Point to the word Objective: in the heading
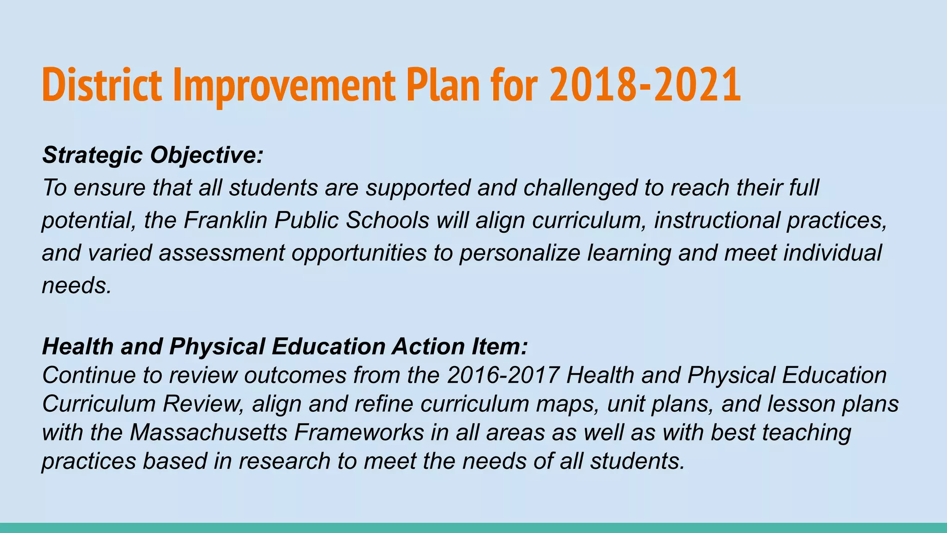[207, 155]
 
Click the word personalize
[519, 253]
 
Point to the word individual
[832, 253]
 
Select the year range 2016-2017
[503, 375]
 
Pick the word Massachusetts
[208, 433]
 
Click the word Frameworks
[359, 433]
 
